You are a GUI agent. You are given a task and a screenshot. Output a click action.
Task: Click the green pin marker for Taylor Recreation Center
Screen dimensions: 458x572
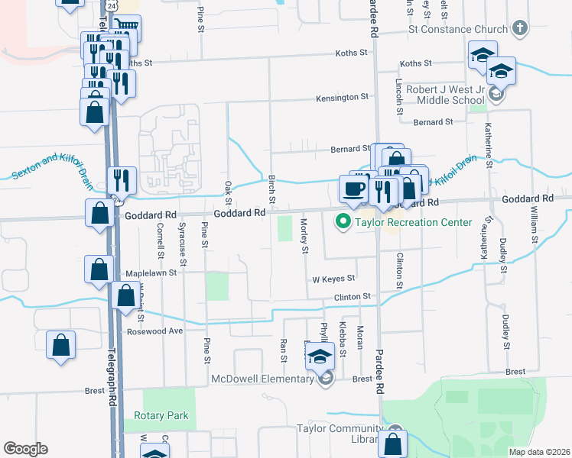[343, 222]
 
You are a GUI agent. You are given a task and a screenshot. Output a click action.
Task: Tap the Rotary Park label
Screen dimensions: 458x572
[161, 415]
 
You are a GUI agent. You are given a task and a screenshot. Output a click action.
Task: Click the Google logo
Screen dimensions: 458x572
[25, 449]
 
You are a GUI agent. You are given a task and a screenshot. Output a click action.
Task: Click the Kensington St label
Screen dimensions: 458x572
[344, 98]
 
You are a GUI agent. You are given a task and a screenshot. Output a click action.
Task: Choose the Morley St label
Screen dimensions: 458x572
[304, 235]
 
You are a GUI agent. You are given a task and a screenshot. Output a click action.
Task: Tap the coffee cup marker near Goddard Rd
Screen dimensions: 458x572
[353, 188]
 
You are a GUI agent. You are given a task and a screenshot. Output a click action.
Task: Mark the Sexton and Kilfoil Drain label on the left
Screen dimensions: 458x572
[52, 169]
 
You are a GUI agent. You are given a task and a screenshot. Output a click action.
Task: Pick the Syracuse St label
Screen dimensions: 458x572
[182, 238]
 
